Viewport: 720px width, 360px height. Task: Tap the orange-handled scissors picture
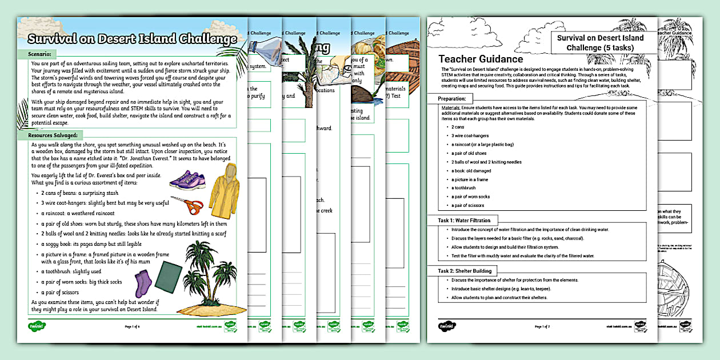point(186,205)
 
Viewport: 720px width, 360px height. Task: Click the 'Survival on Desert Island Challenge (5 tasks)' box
point(599,42)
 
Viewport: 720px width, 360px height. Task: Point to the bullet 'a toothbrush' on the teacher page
point(463,187)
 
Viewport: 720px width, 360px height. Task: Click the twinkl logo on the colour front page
point(37,326)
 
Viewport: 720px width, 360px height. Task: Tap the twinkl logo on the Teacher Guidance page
point(447,326)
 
